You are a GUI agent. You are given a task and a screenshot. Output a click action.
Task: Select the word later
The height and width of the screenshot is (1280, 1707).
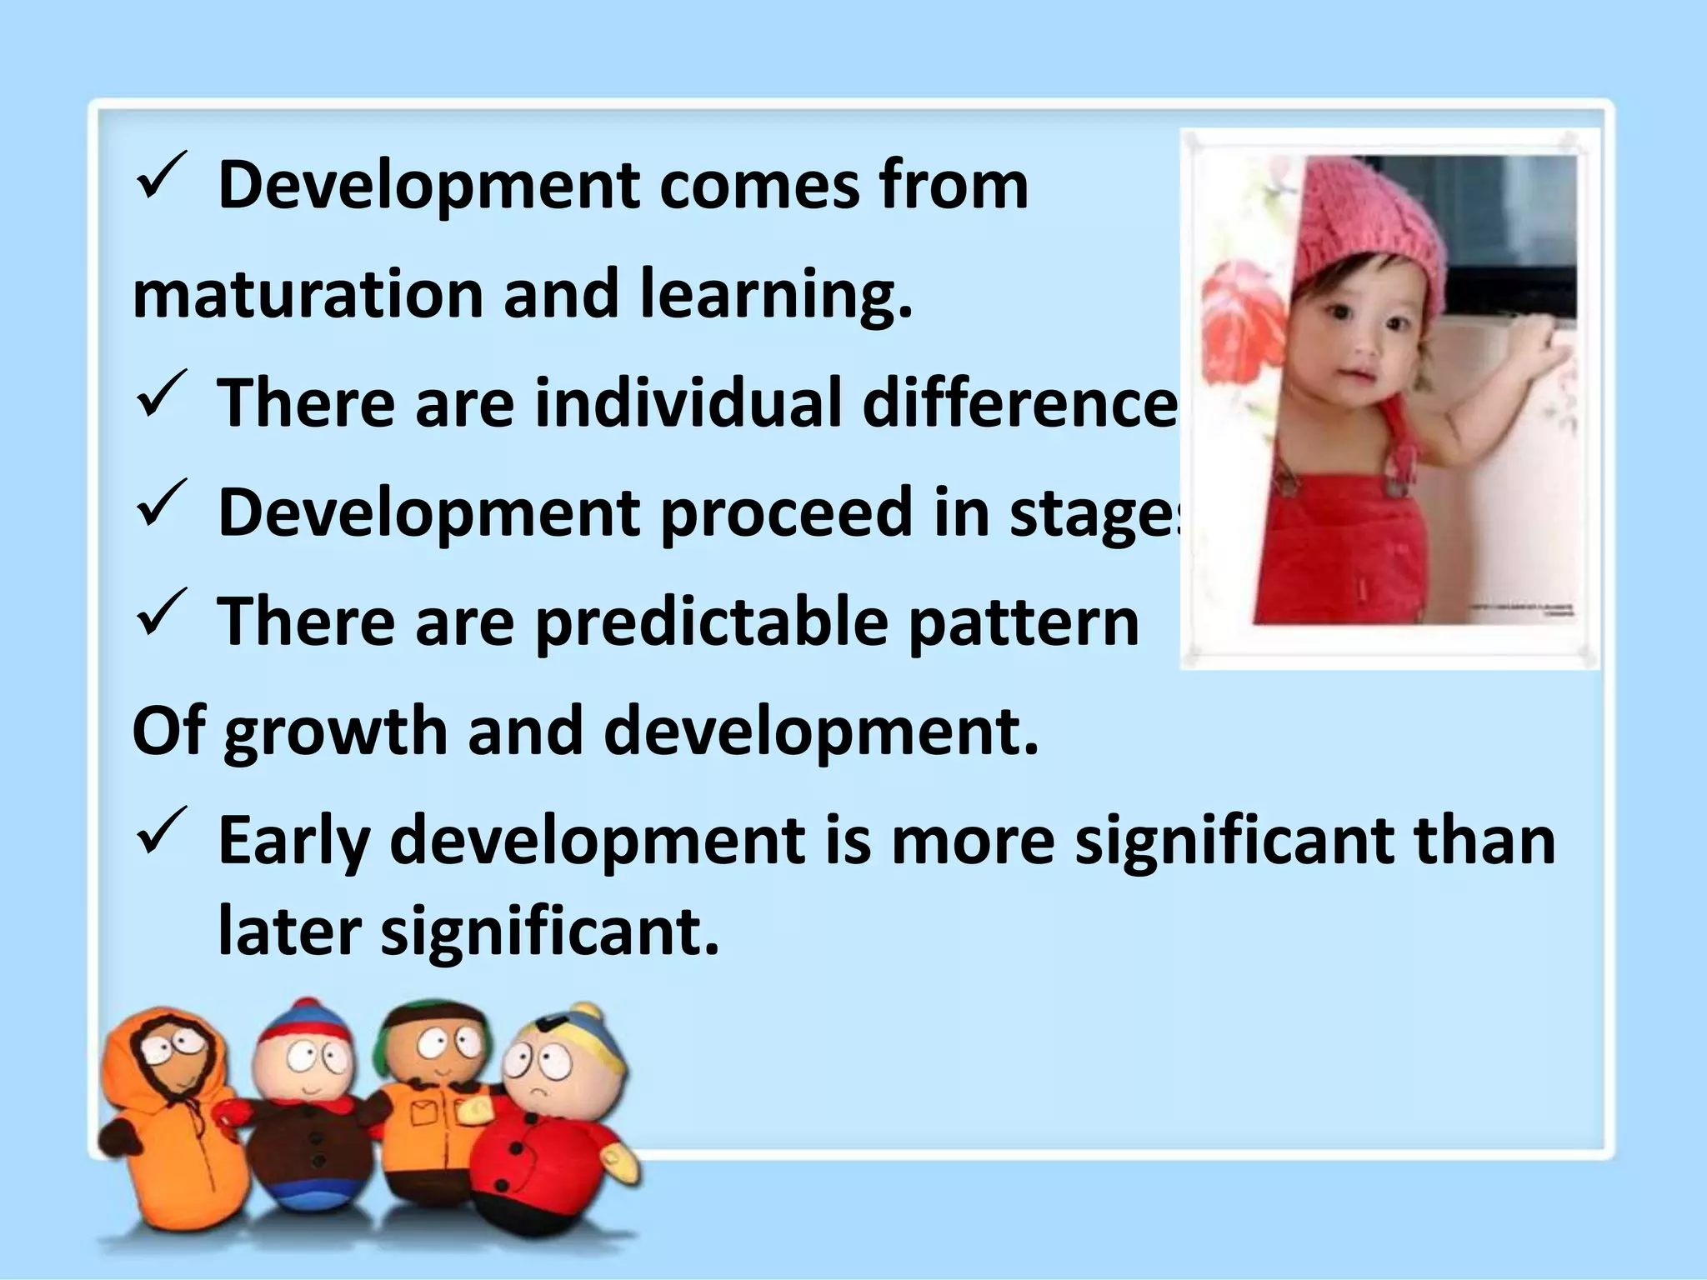click(289, 931)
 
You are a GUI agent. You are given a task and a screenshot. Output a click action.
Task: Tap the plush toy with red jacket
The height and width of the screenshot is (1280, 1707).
click(550, 1142)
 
